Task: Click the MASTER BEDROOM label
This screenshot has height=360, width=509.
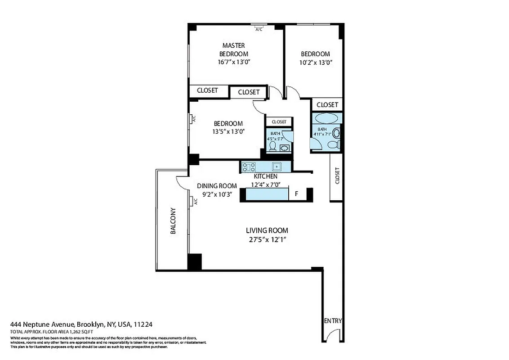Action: click(233, 49)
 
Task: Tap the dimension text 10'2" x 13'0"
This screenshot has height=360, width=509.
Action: click(316, 63)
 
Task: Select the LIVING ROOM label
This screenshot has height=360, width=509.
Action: click(267, 230)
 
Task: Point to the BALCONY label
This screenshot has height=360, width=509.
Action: click(173, 221)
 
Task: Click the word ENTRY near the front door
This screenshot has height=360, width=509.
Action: click(333, 321)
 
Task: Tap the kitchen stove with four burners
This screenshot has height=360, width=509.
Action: click(248, 167)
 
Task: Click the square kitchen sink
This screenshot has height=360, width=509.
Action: click(277, 166)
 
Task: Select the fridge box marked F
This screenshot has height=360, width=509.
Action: click(296, 194)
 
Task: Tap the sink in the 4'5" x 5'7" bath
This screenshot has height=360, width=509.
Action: click(285, 148)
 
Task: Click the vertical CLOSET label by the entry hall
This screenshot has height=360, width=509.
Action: click(337, 176)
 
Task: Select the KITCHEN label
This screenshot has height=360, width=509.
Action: click(265, 176)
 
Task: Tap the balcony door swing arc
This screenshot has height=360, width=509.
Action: click(182, 182)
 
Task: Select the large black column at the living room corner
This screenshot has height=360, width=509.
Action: click(194, 262)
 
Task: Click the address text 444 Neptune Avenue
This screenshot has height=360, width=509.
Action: click(43, 324)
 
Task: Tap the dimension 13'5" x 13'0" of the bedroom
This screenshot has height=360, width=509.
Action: click(228, 131)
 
